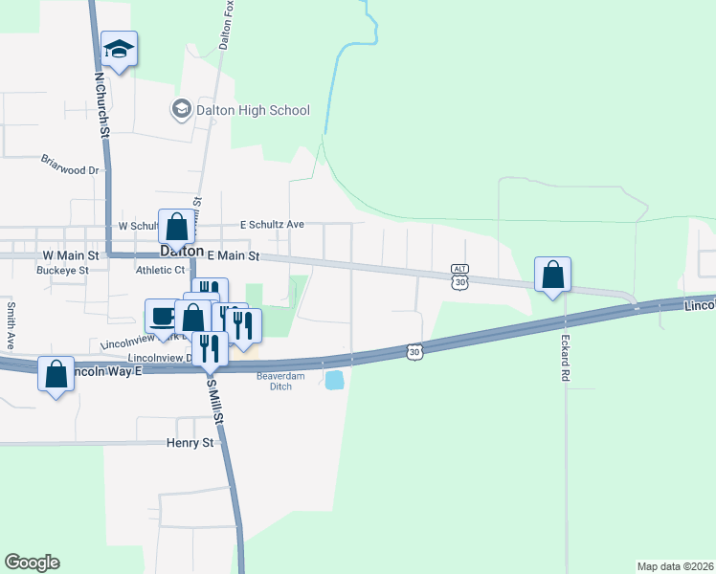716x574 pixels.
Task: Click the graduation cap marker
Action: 119,49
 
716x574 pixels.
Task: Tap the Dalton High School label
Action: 253,110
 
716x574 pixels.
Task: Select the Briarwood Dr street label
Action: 70,165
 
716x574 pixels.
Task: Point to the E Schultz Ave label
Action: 272,225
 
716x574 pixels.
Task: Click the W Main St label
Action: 71,256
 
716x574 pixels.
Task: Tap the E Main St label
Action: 234,256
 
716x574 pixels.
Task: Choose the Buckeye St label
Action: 62,270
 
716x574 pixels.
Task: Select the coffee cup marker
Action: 161,316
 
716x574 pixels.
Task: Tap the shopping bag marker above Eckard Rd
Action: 552,275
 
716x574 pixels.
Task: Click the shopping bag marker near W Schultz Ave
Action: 176,228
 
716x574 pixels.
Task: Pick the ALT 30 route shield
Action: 461,276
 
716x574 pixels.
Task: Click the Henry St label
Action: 190,443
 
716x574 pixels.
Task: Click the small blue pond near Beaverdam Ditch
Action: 335,381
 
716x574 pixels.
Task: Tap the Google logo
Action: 32,563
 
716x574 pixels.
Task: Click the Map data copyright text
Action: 675,565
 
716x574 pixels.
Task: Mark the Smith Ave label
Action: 11,325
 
